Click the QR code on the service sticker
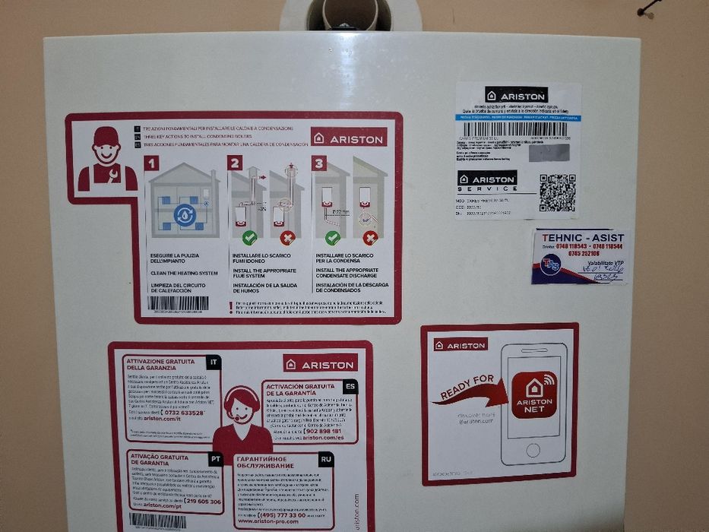557,192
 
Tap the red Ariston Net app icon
533,394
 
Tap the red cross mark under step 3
371,238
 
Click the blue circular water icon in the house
185,214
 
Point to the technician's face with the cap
106,147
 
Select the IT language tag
214,363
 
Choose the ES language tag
349,386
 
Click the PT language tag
215,458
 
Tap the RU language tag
325,459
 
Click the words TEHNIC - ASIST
581,237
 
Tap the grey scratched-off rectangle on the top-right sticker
549,152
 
